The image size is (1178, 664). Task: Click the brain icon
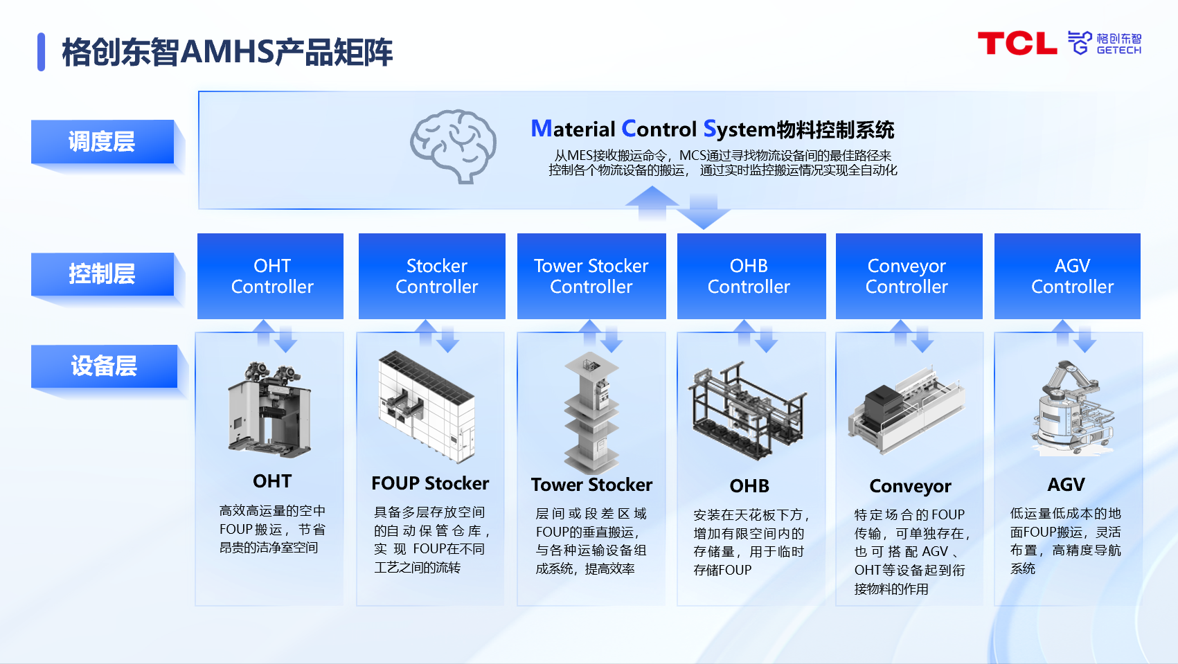point(454,145)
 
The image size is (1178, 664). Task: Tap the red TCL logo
point(1017,44)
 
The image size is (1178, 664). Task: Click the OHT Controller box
point(271,276)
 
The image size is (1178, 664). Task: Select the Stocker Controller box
point(432,276)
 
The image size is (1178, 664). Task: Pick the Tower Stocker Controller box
point(591,276)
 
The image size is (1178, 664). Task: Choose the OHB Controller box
point(751,276)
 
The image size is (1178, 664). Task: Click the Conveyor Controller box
point(909,276)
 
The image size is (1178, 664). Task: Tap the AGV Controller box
point(1067,276)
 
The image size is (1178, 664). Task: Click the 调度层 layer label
point(102,142)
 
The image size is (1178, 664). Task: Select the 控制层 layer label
point(102,274)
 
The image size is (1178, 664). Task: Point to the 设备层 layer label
point(104,366)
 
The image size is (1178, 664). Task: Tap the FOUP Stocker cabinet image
point(427,407)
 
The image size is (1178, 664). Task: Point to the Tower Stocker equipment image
point(591,412)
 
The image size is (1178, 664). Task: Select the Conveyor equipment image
point(906,412)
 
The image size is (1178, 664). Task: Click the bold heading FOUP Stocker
point(430,483)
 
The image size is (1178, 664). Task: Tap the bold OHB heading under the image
point(749,486)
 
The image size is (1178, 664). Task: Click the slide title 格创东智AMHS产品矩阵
point(227,53)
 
